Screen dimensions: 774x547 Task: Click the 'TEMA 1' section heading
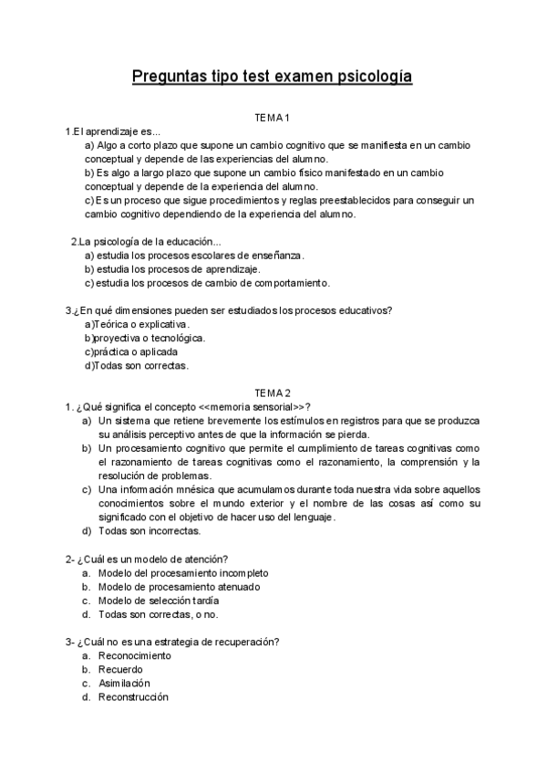coord(272,118)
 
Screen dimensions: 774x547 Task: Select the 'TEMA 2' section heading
coord(272,392)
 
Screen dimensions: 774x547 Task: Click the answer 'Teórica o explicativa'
coord(137,324)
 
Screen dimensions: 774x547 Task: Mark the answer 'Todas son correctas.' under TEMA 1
coord(137,365)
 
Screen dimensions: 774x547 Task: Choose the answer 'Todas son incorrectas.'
coord(150,530)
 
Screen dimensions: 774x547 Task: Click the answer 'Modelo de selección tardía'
coord(159,600)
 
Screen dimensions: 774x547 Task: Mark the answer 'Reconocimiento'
coord(134,655)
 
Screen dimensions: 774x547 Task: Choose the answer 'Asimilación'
coord(124,683)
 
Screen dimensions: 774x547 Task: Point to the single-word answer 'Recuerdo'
coord(120,669)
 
